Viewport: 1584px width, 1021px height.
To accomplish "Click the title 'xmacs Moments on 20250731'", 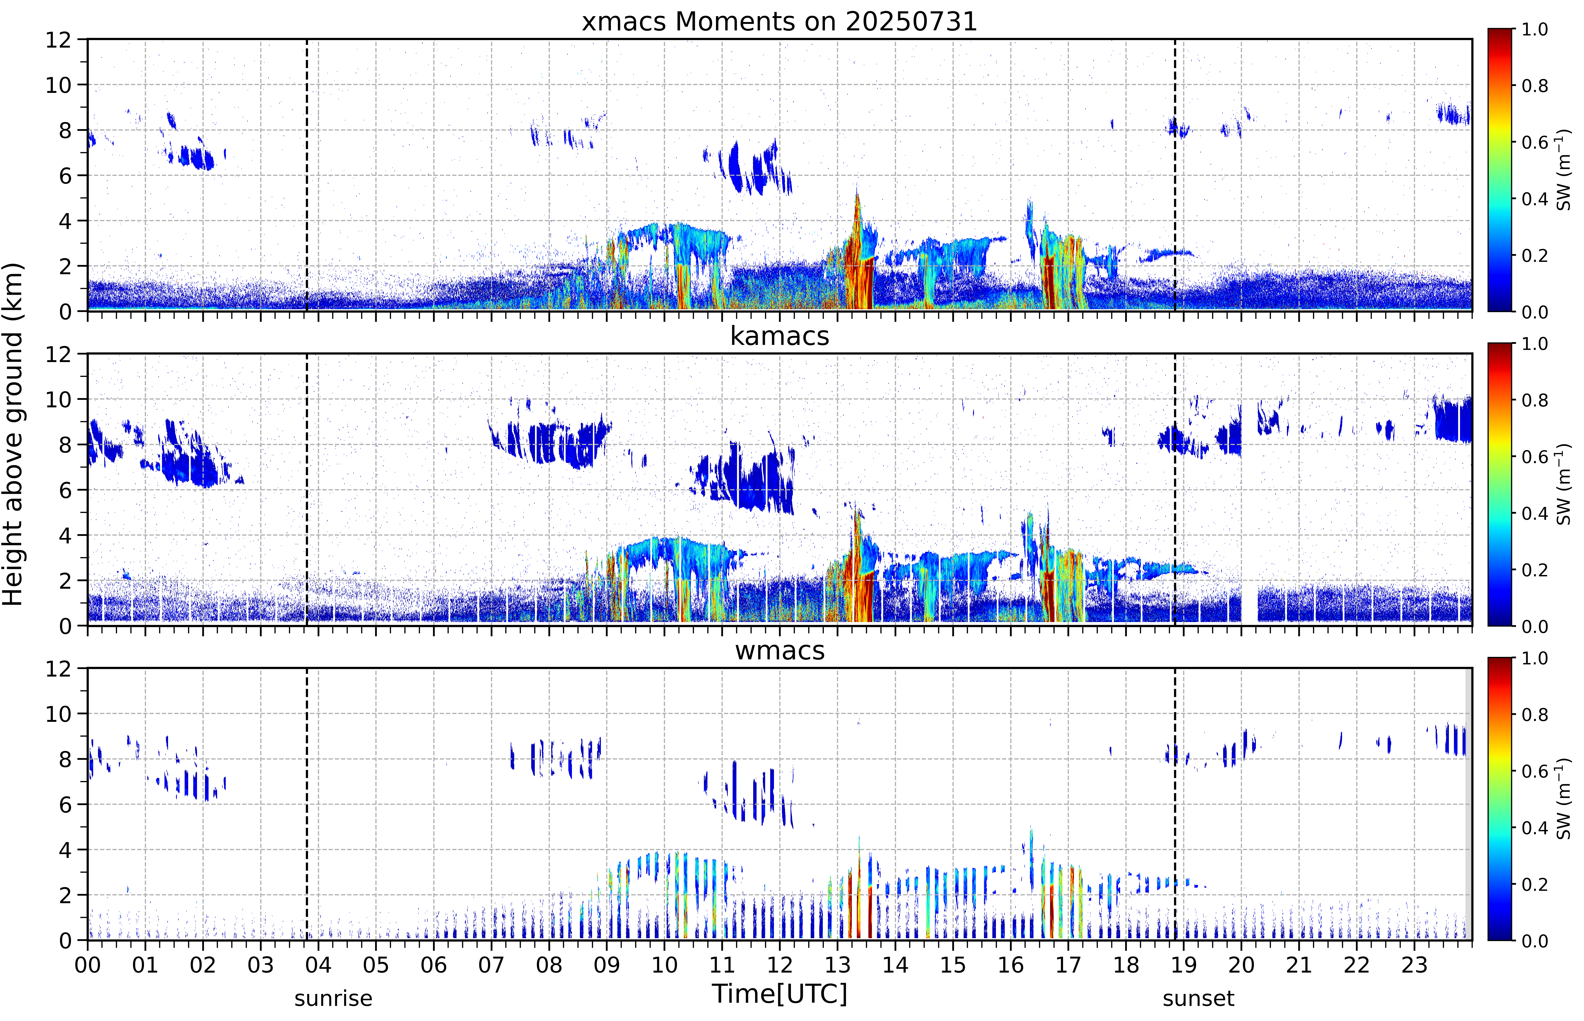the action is (779, 22).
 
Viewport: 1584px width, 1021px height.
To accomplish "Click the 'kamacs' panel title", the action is (779, 336).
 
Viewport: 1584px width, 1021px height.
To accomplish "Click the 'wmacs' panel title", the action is (779, 650).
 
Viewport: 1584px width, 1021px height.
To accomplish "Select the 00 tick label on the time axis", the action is (87, 965).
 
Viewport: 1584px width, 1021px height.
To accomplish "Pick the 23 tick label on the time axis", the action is (1414, 965).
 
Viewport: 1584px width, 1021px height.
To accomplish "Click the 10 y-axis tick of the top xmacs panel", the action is (58, 85).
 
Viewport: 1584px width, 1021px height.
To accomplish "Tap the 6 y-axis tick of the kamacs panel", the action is (65, 490).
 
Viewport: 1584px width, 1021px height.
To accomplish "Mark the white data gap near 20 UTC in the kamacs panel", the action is (1249, 603).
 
